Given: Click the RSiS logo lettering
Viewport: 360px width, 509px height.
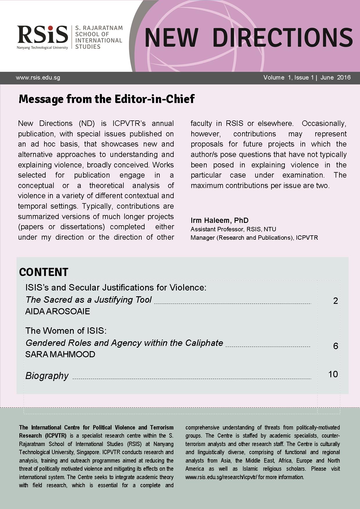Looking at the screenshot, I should pyautogui.click(x=42, y=35).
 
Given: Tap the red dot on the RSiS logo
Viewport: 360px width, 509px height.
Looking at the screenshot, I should pyautogui.click(x=50, y=28).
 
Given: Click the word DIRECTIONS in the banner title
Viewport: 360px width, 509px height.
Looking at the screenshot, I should pyautogui.click(x=282, y=38).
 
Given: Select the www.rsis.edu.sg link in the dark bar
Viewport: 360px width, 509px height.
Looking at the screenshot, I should pyautogui.click(x=38, y=78).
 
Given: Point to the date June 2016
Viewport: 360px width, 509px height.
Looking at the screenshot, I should pyautogui.click(x=335, y=77).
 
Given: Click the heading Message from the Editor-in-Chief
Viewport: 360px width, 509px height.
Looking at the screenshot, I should pyautogui.click(x=107, y=99).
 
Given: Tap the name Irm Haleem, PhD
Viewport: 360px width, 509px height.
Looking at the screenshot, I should pyautogui.click(x=219, y=220).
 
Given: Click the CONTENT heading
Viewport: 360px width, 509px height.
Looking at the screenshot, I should pyautogui.click(x=44, y=272).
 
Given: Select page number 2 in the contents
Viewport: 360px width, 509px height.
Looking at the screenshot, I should pyautogui.click(x=335, y=301).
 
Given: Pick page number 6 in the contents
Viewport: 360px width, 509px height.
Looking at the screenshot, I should pyautogui.click(x=335, y=346).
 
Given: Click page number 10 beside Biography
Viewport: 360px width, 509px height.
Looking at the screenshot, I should pyautogui.click(x=333, y=374).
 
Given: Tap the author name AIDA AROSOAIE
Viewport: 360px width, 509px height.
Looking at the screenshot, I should pyautogui.click(x=57, y=311).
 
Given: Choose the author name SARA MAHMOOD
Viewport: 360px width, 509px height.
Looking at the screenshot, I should pyautogui.click(x=60, y=354).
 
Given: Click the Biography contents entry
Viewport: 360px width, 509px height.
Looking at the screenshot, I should pyautogui.click(x=47, y=376).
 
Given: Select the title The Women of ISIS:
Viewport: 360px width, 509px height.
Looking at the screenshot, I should pyautogui.click(x=66, y=331).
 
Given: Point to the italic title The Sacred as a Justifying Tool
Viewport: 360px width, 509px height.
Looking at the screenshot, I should pyautogui.click(x=89, y=299).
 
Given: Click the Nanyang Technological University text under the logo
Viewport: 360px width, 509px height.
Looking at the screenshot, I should pyautogui.click(x=42, y=48).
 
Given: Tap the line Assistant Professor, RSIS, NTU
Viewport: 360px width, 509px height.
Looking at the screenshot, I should pyautogui.click(x=233, y=229).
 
